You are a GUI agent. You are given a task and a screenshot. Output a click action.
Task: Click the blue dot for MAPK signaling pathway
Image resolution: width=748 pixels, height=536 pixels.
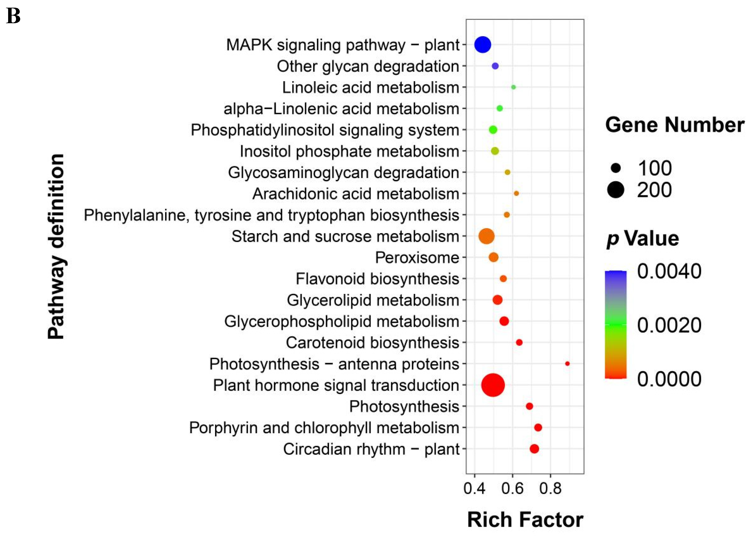coord(483,45)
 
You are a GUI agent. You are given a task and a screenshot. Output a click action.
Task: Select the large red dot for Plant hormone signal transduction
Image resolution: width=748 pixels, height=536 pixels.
coord(493,385)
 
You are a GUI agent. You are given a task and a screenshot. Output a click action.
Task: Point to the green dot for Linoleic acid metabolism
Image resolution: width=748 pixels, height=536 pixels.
coord(513,87)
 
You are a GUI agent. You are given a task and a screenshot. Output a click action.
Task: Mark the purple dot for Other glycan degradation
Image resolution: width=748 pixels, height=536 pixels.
coord(495,66)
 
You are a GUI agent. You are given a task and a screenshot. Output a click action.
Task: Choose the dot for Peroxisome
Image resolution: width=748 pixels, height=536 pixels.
coord(493,257)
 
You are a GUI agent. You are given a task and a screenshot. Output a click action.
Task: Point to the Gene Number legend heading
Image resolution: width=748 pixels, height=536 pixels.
coord(674,125)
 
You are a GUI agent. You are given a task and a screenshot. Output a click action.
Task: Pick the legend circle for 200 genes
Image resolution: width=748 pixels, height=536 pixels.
coord(616,190)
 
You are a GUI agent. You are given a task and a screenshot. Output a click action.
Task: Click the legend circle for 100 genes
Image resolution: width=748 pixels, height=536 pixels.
coord(616,168)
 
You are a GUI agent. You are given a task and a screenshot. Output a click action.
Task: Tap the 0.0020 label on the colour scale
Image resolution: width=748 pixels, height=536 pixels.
coord(669,325)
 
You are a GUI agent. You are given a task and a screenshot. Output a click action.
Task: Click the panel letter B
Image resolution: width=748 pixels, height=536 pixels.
coord(13,16)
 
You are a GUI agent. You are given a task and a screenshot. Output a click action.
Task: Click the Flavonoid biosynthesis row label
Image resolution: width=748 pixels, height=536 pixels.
coord(377,279)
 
